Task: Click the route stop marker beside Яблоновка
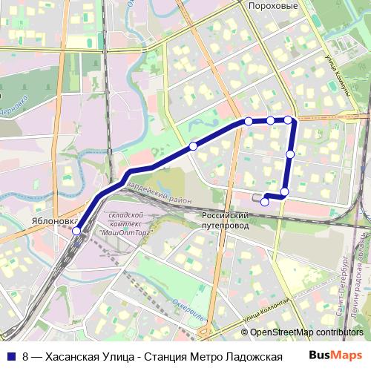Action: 76,232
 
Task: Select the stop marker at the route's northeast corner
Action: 288,119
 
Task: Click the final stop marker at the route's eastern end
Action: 265,201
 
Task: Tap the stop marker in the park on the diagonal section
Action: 193,146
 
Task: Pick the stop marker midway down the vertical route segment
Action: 290,154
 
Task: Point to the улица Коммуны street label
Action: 338,73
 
